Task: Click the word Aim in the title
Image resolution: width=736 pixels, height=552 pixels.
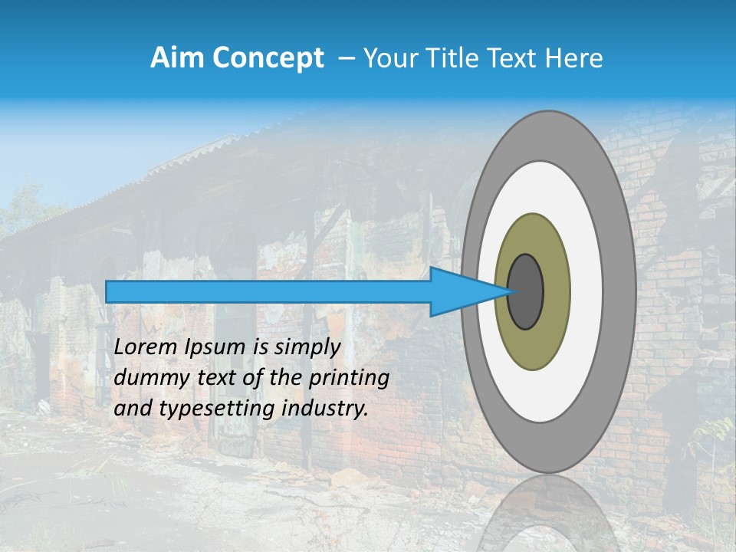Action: [176, 58]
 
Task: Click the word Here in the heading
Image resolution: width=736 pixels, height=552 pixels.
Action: [574, 58]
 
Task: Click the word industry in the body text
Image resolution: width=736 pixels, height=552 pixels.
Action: [324, 409]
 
